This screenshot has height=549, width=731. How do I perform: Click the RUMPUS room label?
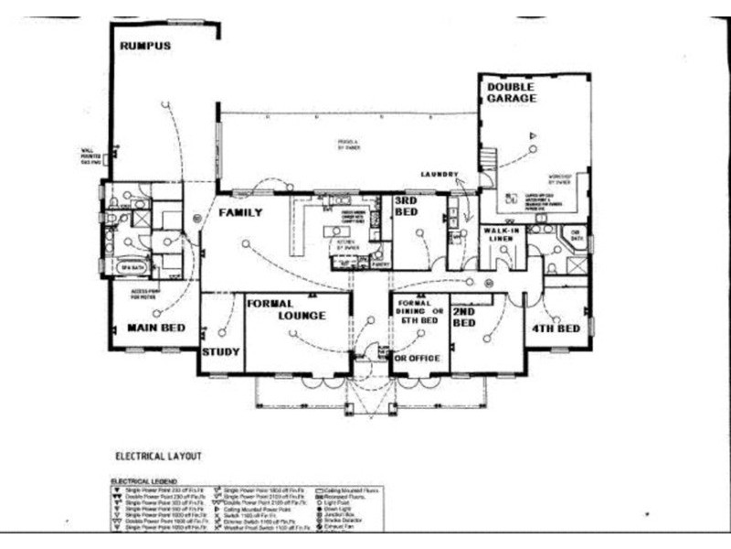(x=145, y=46)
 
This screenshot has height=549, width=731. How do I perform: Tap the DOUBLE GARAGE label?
(x=511, y=92)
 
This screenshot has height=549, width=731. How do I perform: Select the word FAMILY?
(x=240, y=212)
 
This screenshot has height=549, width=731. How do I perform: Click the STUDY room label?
(x=221, y=350)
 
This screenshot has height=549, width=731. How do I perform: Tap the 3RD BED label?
(x=406, y=206)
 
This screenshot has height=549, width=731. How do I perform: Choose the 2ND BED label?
(x=463, y=318)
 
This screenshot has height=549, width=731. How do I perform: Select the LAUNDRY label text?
(x=438, y=174)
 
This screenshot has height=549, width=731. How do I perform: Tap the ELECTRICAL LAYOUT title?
(x=158, y=455)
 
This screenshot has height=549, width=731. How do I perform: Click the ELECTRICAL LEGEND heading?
(x=144, y=480)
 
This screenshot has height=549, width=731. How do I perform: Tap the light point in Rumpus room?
(x=165, y=104)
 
